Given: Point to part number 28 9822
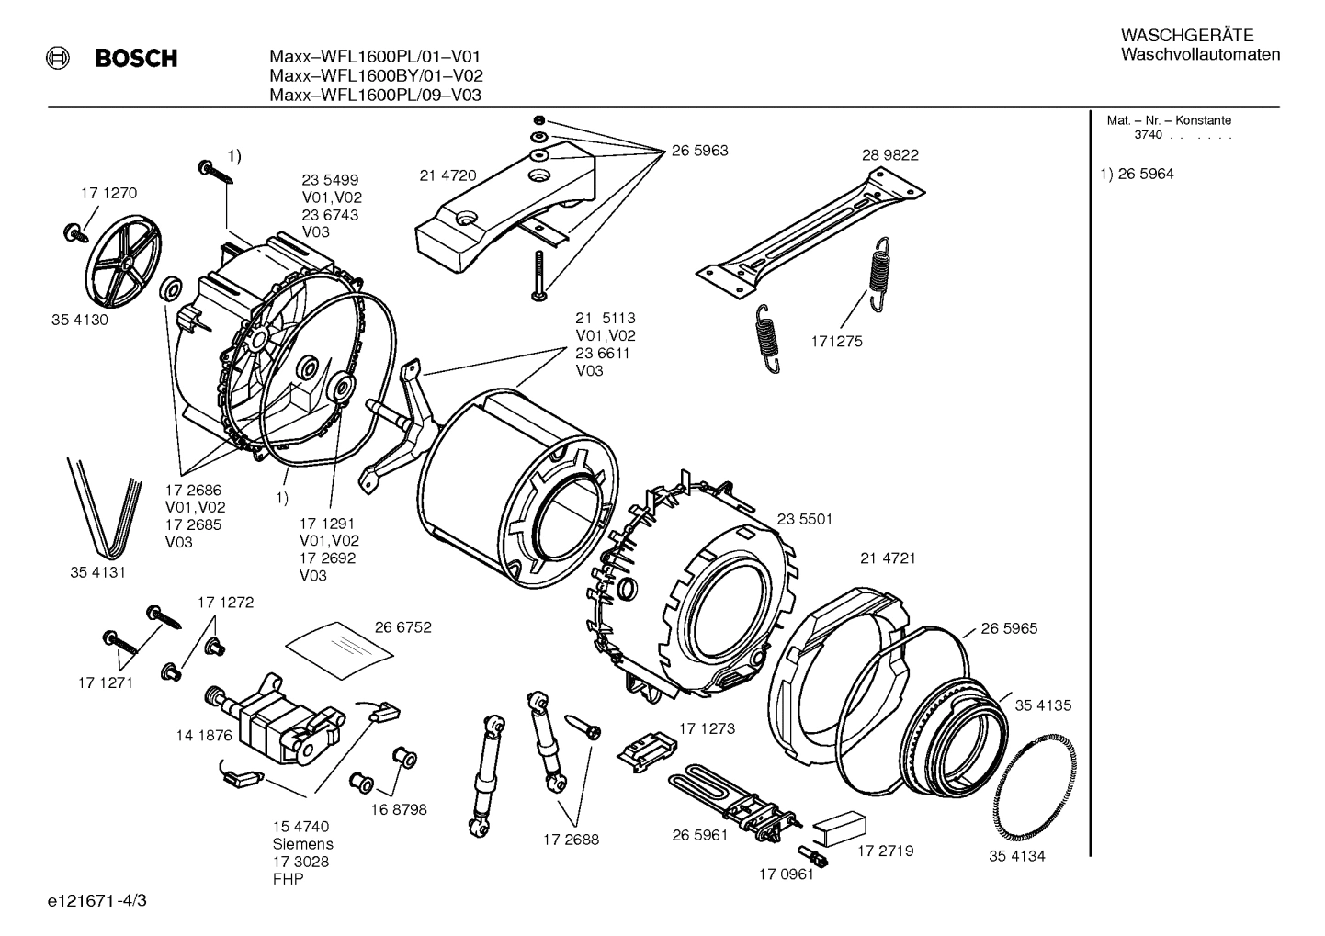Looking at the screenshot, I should coord(889,155).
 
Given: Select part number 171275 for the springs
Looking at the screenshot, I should coord(836,342).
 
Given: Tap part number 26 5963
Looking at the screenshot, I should coord(699,150).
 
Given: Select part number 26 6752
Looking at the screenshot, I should coord(402,627).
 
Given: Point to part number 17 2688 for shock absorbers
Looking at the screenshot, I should coord(571,840).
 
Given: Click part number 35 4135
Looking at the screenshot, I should coord(1043,705).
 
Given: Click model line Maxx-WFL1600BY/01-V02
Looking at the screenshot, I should coord(376,76).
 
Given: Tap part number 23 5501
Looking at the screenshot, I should coord(804,519).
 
